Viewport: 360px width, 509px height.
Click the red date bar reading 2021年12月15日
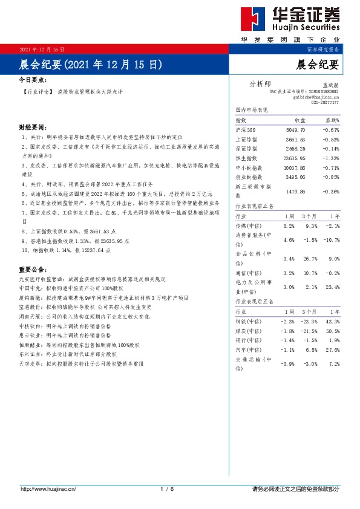42,49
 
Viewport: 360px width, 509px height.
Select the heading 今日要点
32,79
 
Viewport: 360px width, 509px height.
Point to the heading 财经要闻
32,128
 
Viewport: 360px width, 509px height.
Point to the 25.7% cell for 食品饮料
310,259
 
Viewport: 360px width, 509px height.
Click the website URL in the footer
50,488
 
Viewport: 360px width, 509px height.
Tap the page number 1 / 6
167,488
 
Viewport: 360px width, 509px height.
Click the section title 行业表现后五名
254,300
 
